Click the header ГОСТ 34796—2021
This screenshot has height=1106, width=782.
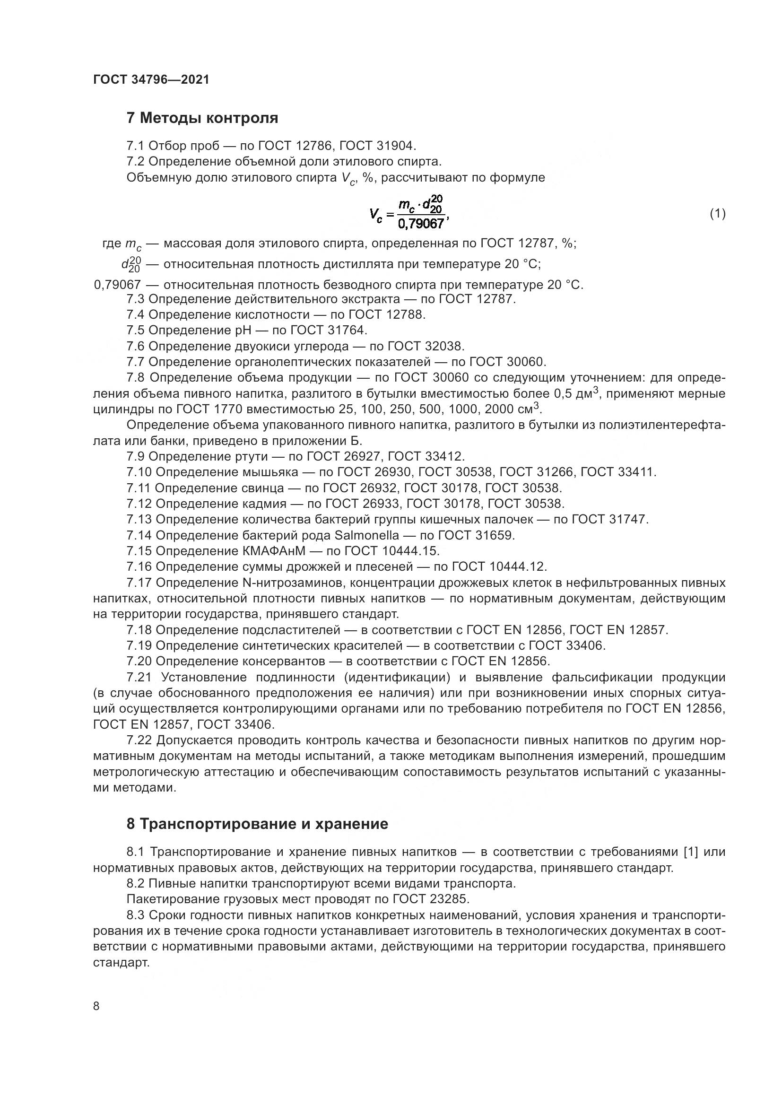tap(151, 79)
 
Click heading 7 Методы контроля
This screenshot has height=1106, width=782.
tap(202, 118)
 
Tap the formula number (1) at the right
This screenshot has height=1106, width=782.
tap(718, 213)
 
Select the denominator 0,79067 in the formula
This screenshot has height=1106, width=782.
tap(421, 224)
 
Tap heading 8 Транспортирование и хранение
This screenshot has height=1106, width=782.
tap(257, 824)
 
